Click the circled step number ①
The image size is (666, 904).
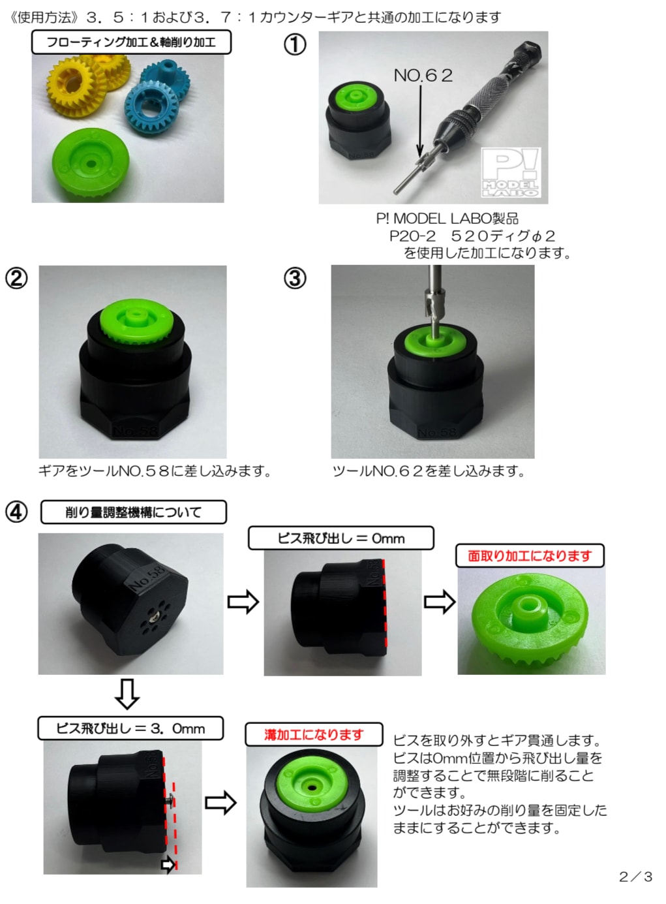click(295, 44)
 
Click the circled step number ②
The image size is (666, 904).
click(16, 279)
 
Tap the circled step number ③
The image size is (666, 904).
click(295, 279)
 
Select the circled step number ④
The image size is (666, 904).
click(16, 512)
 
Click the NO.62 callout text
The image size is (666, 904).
click(423, 76)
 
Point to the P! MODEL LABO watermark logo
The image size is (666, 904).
click(511, 172)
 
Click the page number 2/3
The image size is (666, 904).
click(635, 876)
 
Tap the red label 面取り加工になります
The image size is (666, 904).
click(530, 555)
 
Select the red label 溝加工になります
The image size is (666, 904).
click(314, 734)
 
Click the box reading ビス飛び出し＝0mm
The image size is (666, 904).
click(341, 538)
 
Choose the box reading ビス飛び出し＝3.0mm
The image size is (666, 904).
click(130, 728)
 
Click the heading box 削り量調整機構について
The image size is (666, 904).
click(134, 512)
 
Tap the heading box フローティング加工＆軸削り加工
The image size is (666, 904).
click(132, 42)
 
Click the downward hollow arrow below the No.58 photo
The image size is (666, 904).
click(127, 694)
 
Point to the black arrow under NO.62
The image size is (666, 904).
click(420, 121)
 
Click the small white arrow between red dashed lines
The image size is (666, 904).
click(168, 864)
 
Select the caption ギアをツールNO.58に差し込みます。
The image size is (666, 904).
click(155, 471)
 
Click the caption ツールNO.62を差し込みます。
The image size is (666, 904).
click(429, 471)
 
